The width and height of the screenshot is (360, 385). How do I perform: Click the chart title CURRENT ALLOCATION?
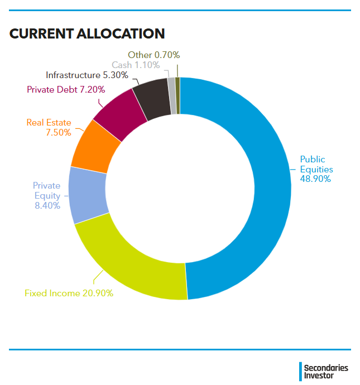click(x=87, y=33)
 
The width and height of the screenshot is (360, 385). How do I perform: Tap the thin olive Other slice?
click(x=178, y=96)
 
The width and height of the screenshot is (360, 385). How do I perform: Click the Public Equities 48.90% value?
click(x=315, y=179)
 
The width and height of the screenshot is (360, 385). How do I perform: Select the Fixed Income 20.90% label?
click(x=69, y=293)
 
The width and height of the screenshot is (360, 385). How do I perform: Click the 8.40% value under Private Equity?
click(x=47, y=205)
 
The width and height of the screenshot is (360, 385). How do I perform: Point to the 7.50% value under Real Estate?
click(x=59, y=133)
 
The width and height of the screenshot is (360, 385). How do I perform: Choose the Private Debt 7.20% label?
click(x=66, y=90)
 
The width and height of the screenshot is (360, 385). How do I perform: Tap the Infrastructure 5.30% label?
click(x=87, y=75)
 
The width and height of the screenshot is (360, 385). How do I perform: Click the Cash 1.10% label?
click(x=136, y=65)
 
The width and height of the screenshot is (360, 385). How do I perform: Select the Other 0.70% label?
click(x=154, y=55)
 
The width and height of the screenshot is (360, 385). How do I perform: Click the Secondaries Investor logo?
click(x=324, y=372)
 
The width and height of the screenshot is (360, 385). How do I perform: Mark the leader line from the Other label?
click(x=177, y=71)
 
